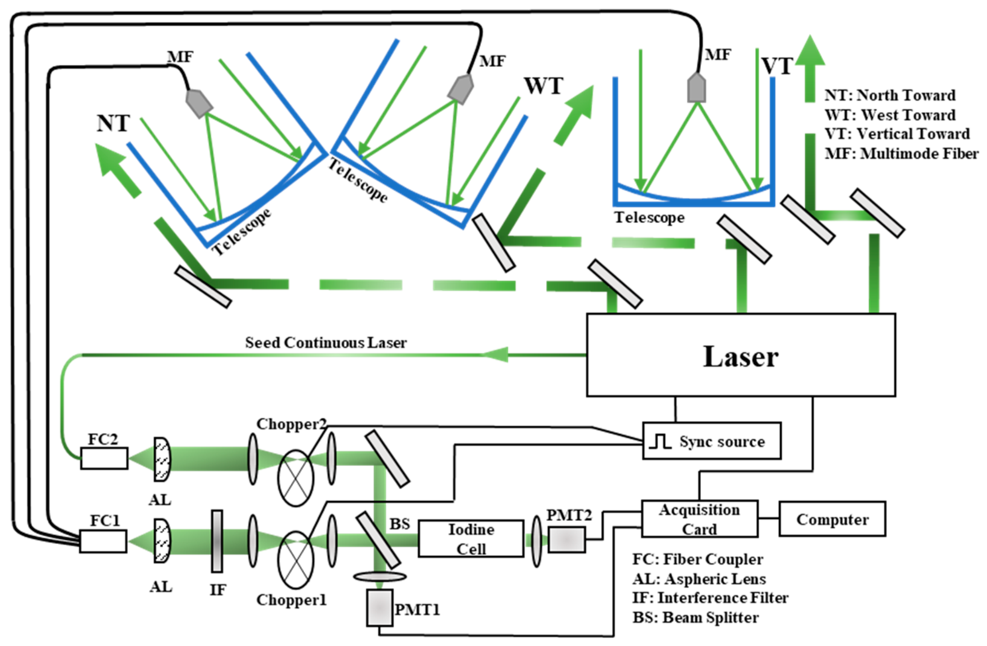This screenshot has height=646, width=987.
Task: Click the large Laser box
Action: [x=741, y=355]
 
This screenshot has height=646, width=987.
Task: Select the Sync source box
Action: [x=712, y=441]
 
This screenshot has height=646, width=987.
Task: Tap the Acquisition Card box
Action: [x=699, y=519]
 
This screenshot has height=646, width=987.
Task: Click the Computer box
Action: [x=832, y=519]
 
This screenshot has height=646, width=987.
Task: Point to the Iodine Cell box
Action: [x=471, y=538]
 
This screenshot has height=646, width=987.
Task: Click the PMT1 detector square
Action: [x=379, y=608]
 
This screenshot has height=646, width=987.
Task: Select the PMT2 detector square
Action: [x=567, y=539]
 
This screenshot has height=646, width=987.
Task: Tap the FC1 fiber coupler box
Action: [x=103, y=541]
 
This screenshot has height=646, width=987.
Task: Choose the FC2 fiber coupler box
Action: [x=104, y=458]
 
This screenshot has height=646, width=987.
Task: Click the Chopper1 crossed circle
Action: [x=295, y=559]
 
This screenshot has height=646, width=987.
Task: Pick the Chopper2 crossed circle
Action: [x=295, y=478]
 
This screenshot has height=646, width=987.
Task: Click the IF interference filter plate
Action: [x=217, y=541]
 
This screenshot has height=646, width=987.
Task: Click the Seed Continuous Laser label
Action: [x=326, y=343]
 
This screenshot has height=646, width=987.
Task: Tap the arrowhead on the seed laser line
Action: [x=496, y=355]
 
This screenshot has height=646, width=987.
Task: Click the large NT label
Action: [x=113, y=123]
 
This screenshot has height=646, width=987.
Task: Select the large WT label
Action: [x=543, y=86]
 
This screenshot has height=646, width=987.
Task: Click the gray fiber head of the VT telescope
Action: [x=696, y=88]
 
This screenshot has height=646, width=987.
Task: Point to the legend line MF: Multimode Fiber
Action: [x=901, y=154]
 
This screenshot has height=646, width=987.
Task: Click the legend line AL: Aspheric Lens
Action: [x=699, y=578]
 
